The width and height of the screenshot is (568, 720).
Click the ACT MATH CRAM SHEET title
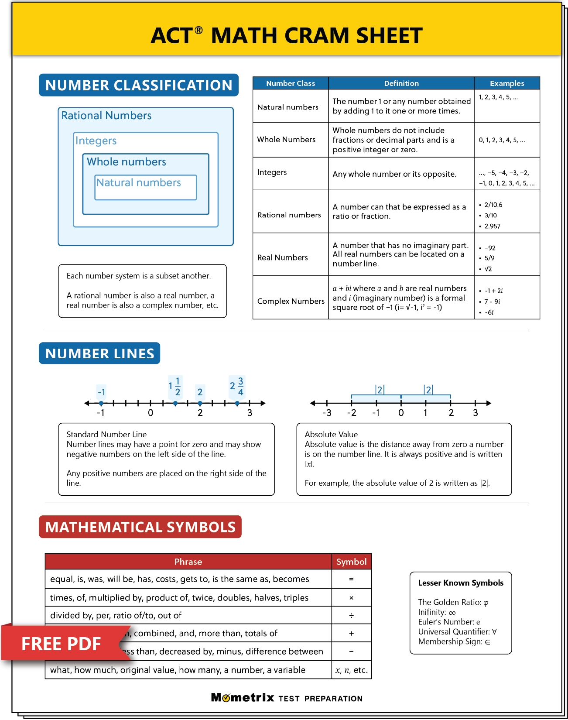[x=287, y=35]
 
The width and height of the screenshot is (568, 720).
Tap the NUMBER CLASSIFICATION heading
[x=139, y=85]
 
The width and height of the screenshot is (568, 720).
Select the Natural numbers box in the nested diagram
[x=146, y=187]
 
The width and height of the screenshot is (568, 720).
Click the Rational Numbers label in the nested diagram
[x=106, y=116]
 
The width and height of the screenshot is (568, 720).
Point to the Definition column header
[x=401, y=83]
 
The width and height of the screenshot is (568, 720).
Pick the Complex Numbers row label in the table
[x=291, y=301]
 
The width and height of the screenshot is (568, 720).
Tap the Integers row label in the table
[x=272, y=172]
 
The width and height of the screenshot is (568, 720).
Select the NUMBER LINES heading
[x=99, y=353]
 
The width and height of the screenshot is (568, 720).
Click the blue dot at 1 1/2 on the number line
[x=175, y=404]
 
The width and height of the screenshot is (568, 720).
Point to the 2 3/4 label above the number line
[x=237, y=386]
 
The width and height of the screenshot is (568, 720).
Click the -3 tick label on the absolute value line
[x=327, y=413]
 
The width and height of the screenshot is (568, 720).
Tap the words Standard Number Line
[x=106, y=435]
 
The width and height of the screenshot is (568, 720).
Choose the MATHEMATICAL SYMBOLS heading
[x=140, y=527]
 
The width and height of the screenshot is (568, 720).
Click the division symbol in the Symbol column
[x=351, y=616]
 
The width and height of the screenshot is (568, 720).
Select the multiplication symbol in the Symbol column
[x=351, y=598]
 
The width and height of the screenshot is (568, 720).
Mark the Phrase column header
[x=188, y=562]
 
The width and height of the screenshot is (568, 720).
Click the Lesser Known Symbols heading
[x=461, y=583]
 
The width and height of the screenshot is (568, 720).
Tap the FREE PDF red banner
[x=61, y=644]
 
